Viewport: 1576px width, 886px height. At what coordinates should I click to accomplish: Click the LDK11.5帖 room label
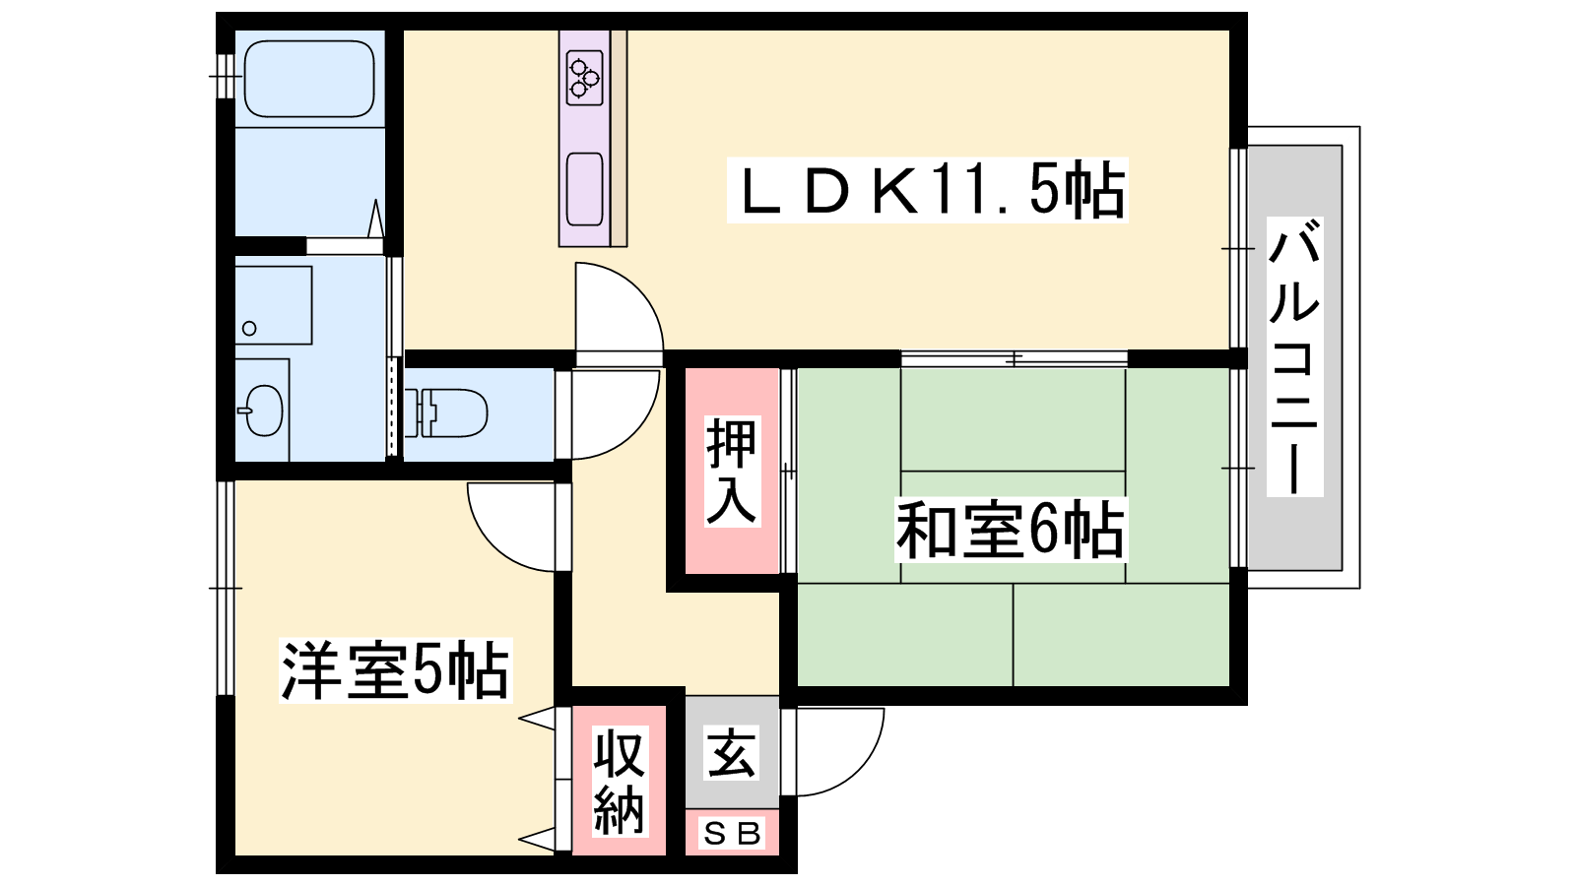[x=927, y=190]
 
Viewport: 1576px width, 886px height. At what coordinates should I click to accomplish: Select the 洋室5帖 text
[x=395, y=670]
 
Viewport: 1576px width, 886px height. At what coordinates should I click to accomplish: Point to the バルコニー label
[x=1294, y=356]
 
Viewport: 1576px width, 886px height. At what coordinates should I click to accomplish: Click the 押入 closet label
[x=731, y=471]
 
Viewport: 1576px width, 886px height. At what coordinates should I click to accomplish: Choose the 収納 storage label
[x=619, y=782]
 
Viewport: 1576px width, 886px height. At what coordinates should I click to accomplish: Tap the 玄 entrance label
[x=732, y=753]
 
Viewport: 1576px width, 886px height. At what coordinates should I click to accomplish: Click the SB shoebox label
[x=732, y=834]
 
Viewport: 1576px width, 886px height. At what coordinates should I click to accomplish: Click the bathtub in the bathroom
[x=308, y=79]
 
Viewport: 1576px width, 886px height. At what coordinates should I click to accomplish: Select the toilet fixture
[x=452, y=412]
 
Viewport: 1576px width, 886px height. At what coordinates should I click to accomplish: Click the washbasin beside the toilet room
[x=263, y=410]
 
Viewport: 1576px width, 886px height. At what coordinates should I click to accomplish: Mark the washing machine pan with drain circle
[x=273, y=304]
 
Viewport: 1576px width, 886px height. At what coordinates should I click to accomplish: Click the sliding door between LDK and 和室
[x=1015, y=358]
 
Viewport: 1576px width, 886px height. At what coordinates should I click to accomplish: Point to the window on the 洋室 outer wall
[x=226, y=588]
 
